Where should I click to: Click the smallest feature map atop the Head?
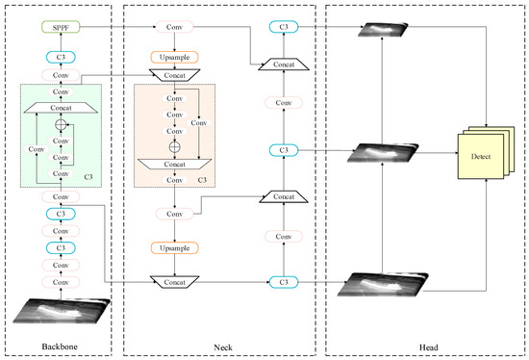383,31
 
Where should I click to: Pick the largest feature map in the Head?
383,286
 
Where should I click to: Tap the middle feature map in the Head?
383,152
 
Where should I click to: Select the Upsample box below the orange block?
174,247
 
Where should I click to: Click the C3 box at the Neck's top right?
281,28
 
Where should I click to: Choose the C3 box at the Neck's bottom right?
281,281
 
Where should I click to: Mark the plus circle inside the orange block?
174,147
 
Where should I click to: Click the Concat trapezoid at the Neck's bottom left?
174,281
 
